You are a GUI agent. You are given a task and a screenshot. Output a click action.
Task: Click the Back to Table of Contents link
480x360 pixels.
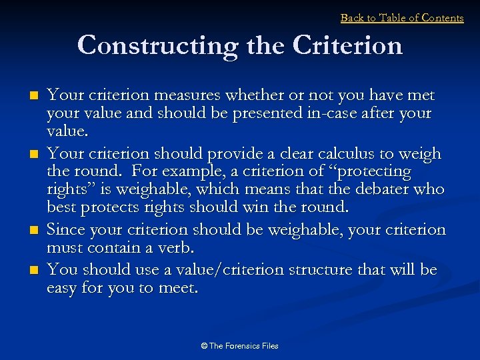click(x=401, y=18)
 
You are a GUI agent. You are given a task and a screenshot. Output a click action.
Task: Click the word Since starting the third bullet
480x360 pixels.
click(x=67, y=230)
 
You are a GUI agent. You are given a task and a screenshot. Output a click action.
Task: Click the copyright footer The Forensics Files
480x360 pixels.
click(x=239, y=346)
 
